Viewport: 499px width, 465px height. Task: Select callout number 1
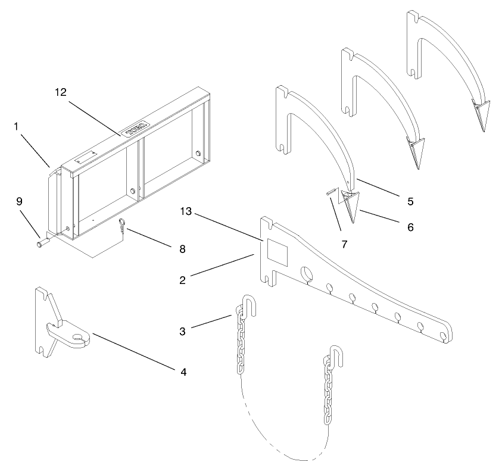(15, 126)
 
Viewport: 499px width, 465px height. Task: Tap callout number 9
(19, 201)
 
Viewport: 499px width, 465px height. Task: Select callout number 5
(411, 201)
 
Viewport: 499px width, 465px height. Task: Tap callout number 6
(411, 227)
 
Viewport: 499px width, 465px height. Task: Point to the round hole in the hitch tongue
(77, 340)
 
